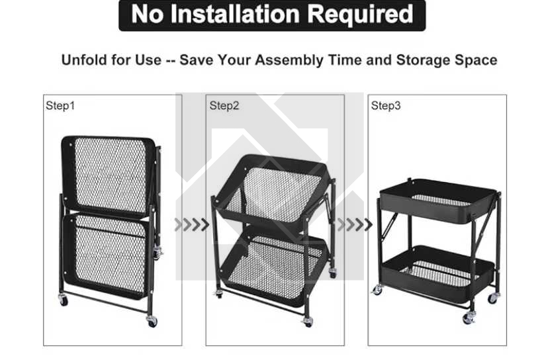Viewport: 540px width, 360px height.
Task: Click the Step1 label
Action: (60, 105)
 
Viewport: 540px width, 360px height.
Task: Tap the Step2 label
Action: (224, 105)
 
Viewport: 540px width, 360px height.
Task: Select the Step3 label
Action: (386, 105)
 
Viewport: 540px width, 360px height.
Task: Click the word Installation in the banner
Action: (235, 14)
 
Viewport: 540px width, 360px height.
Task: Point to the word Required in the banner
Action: (360, 14)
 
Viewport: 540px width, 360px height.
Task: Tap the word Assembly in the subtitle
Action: (289, 60)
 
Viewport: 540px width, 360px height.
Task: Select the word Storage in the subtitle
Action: (424, 60)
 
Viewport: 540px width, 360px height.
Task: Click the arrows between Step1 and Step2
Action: (191, 224)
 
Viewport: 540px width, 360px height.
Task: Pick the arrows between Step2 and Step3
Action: (355, 224)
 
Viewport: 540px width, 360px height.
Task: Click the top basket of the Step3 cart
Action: (438, 201)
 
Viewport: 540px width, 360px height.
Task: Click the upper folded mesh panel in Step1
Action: (108, 175)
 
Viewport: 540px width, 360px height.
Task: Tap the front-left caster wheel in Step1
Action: (63, 300)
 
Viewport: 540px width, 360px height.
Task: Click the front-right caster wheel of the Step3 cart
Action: (468, 318)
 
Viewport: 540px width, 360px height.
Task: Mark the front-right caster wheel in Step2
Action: (308, 322)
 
